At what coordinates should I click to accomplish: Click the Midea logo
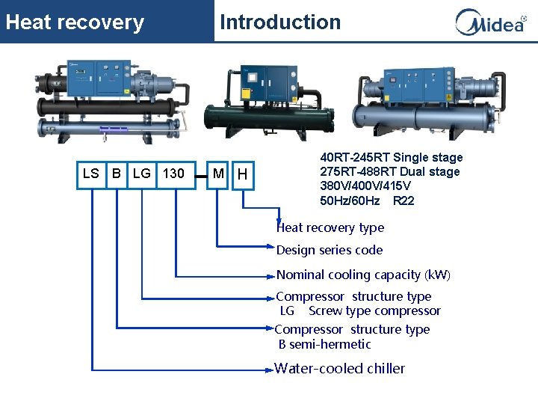(x=491, y=22)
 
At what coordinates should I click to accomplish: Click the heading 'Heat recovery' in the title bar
(x=75, y=22)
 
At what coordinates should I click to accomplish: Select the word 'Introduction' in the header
(x=280, y=22)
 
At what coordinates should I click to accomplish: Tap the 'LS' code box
(x=90, y=174)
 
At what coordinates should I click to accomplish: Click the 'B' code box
(x=117, y=174)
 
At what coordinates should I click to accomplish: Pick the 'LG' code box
(x=141, y=174)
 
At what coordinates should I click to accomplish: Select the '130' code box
(x=174, y=174)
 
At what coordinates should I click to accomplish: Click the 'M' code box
(x=217, y=174)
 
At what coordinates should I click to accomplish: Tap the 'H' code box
(x=242, y=175)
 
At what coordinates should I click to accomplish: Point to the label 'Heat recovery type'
(x=330, y=227)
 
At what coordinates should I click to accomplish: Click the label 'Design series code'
(x=330, y=250)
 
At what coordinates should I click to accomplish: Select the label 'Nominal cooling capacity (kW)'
(x=363, y=275)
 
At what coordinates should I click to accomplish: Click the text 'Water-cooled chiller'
(x=340, y=368)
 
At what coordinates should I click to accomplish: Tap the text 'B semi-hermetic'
(x=324, y=344)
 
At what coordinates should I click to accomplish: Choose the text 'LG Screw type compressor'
(x=360, y=310)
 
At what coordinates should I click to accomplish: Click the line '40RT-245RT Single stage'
(x=392, y=157)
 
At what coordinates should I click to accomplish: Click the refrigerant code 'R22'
(x=403, y=201)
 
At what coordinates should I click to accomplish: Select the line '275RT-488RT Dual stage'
(x=390, y=171)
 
